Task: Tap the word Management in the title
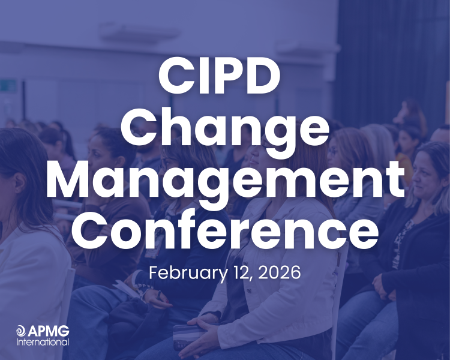225,182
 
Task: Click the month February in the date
185,274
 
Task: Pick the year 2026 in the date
280,272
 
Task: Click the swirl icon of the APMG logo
21,331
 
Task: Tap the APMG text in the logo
48,331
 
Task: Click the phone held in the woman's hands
185,336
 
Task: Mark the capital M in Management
74,182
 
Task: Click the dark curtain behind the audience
390,54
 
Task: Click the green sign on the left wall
8,86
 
